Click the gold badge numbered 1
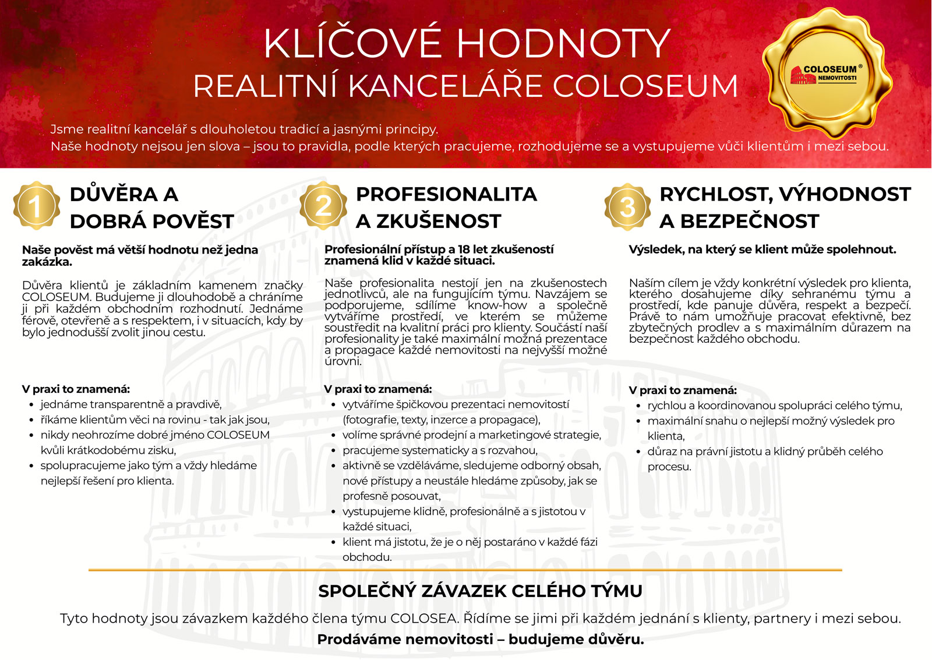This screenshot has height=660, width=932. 36,206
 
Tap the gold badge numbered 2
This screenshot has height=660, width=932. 323,206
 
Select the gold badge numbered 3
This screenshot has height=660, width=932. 627,207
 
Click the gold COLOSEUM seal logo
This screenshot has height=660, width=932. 827,73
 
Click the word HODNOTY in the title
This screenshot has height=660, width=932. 563,44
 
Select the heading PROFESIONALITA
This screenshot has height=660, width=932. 446,194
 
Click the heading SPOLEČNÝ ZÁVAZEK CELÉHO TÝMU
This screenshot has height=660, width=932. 480,591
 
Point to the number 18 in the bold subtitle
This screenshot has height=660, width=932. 464,250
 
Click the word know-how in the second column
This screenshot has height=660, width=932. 497,306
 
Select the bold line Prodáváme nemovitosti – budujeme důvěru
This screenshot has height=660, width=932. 480,640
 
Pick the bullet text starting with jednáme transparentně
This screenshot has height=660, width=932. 131,405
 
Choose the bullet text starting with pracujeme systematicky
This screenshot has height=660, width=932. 440,451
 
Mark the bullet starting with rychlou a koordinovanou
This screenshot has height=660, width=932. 774,406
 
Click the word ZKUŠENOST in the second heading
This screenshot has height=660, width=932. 438,222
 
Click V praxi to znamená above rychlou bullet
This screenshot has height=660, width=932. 683,391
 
